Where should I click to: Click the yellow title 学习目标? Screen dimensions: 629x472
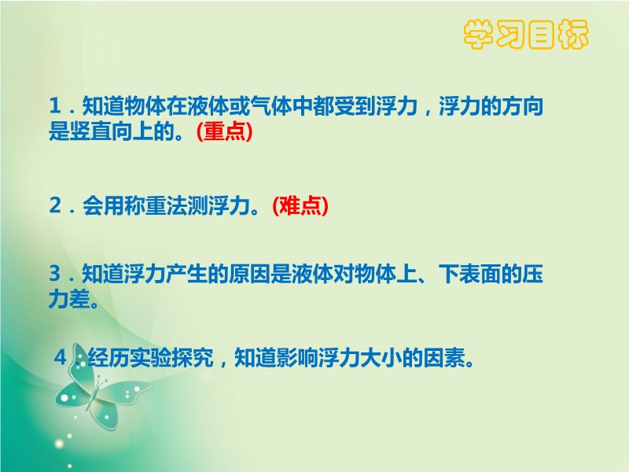point(526,35)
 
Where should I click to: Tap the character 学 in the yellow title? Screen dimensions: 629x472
point(479,35)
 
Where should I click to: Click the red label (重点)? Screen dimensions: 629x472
point(225,131)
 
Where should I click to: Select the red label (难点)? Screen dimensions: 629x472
point(300,205)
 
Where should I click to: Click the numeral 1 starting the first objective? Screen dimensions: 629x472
point(55,106)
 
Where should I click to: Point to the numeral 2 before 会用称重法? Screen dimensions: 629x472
point(55,205)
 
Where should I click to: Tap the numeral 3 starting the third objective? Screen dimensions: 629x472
point(55,274)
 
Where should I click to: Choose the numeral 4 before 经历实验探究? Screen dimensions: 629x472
point(61,357)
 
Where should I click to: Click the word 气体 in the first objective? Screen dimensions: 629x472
point(270,106)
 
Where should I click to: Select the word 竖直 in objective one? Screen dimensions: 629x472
point(90,131)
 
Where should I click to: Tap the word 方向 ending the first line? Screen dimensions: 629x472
point(522,106)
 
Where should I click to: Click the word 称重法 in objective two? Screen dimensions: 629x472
point(155,205)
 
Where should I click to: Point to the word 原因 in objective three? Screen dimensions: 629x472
point(249,274)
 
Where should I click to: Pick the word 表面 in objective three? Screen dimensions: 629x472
point(480,274)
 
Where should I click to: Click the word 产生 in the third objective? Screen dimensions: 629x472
point(187,274)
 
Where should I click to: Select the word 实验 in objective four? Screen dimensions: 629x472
point(150,357)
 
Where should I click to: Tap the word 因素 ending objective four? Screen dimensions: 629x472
point(444,357)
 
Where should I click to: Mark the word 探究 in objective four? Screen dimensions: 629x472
point(193,357)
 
